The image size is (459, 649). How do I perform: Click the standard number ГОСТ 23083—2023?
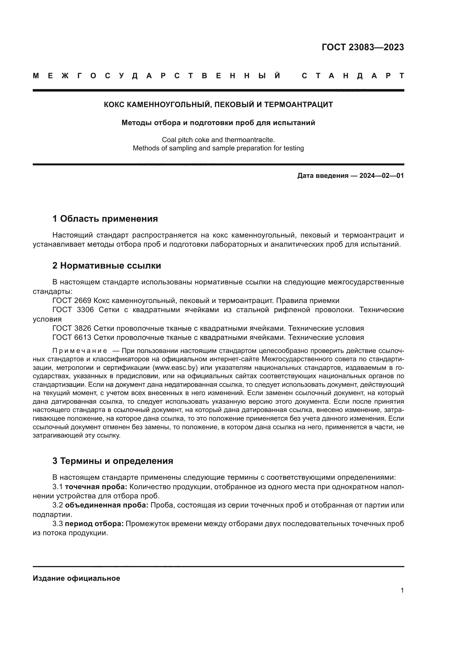point(363,47)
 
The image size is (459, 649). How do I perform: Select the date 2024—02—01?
point(381,176)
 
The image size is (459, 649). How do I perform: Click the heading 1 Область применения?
point(105,218)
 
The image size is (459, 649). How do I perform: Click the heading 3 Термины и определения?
point(112,461)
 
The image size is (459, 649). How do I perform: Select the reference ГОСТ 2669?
point(72,300)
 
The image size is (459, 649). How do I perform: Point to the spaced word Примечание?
point(80,351)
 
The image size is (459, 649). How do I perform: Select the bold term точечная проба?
point(96,487)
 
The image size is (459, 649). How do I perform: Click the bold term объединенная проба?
point(107,505)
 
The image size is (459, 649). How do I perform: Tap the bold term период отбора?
point(94,524)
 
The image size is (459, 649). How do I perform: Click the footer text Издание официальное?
point(76,578)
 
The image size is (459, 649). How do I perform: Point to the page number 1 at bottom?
point(402,590)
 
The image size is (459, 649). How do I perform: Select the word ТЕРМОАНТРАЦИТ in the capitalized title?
point(299,105)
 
